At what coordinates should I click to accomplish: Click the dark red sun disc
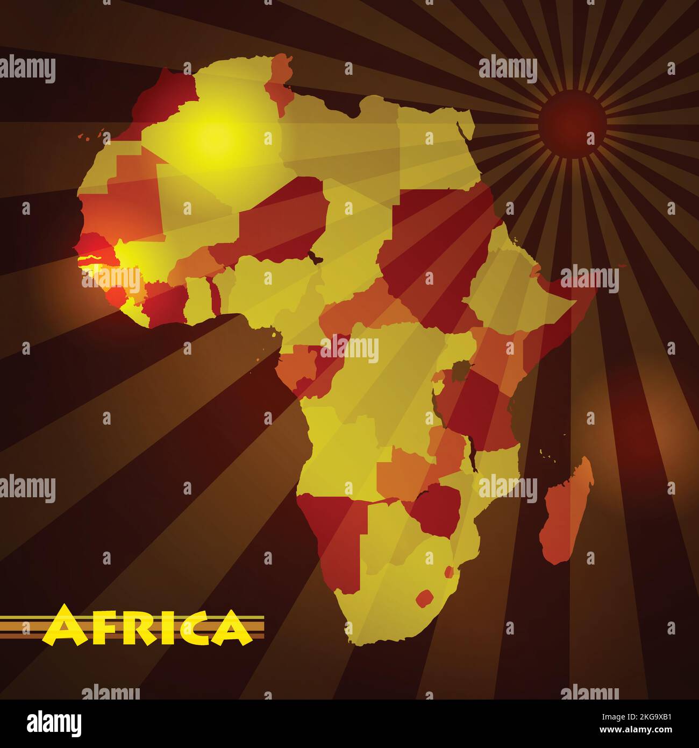coord(572,124)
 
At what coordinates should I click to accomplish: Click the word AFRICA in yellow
coord(147,627)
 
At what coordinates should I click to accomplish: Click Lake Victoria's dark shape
coord(460,371)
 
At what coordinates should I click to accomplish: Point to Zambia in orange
coord(409,468)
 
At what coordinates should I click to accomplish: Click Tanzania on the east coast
coord(479,409)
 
